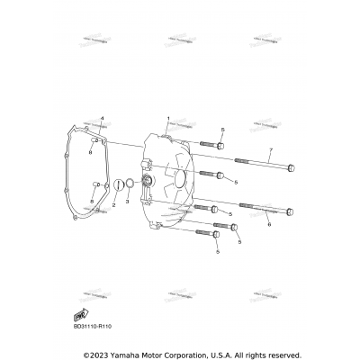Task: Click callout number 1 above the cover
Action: point(167,119)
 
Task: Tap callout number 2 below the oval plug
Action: point(113,206)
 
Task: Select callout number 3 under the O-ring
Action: point(128,202)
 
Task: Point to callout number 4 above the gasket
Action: point(102,119)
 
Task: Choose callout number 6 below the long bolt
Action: point(268,226)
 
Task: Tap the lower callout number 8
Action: point(91,201)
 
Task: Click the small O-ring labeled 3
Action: point(129,186)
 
